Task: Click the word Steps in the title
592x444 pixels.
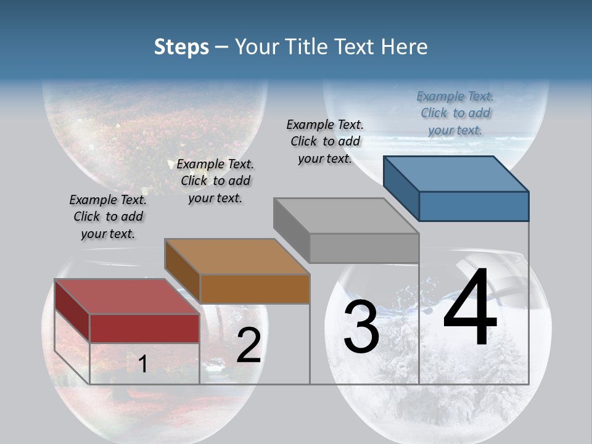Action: point(181,47)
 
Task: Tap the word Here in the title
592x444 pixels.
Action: point(405,47)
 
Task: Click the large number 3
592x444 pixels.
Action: point(361,327)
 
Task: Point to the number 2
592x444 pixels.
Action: point(249,345)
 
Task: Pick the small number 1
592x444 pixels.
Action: point(142,364)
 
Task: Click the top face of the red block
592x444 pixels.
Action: point(126,297)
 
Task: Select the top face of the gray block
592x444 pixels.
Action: point(346,216)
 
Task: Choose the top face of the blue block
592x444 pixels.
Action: point(456,174)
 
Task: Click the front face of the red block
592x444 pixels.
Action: point(144,328)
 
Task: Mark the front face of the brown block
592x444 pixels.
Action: point(254,289)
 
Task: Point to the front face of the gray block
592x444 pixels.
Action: point(364,248)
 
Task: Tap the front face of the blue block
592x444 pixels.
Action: point(474,206)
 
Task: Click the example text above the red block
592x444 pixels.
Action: point(108,216)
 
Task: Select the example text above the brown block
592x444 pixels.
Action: point(215,181)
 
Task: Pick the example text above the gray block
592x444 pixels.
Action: point(325,141)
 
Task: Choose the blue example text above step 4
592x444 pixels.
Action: point(455,113)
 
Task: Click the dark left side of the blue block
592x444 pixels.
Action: point(401,188)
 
